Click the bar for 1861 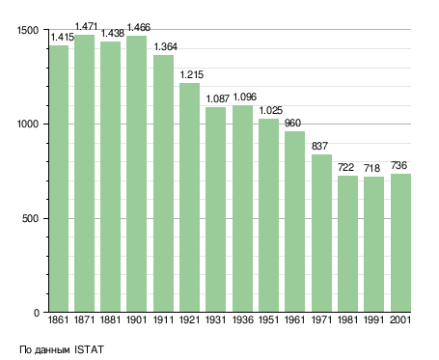tap(59, 179)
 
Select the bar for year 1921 tap(189, 198)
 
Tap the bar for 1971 tap(321, 234)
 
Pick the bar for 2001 tap(400, 243)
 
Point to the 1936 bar tap(242, 208)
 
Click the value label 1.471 tap(86, 26)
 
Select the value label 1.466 tap(139, 28)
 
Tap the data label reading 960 tap(292, 123)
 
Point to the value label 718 tap(371, 168)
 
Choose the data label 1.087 tap(218, 98)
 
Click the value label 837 tap(319, 146)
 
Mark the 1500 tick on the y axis tap(28, 30)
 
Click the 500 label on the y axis tap(30, 219)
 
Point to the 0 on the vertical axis tap(37, 313)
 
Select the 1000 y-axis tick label tap(28, 125)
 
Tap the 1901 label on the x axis tap(136, 320)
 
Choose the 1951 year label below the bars tap(268, 320)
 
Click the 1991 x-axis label tap(373, 320)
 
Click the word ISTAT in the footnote tap(89, 349)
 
